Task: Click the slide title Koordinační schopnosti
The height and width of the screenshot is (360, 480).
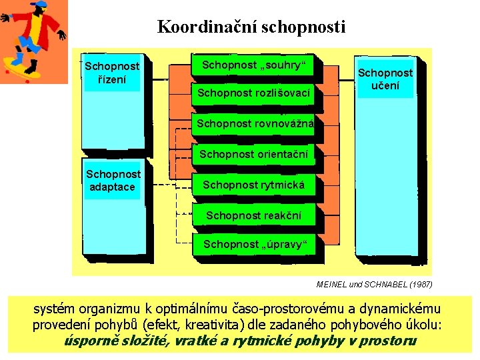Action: pyautogui.click(x=251, y=27)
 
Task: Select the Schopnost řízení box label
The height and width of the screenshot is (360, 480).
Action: pyautogui.click(x=112, y=73)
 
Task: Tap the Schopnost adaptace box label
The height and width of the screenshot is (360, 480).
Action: pyautogui.click(x=113, y=181)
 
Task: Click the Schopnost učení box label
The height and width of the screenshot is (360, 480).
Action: pyautogui.click(x=385, y=79)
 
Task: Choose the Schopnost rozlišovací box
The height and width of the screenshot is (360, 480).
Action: pyautogui.click(x=253, y=93)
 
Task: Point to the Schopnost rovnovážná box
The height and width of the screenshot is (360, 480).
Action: pyautogui.click(x=250, y=123)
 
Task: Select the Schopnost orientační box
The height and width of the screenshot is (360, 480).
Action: pyautogui.click(x=253, y=155)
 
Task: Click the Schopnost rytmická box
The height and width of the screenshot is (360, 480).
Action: pyautogui.click(x=253, y=185)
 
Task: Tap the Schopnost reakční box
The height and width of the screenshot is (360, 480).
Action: pyautogui.click(x=253, y=215)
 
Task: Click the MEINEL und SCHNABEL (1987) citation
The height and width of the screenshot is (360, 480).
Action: pyautogui.click(x=374, y=285)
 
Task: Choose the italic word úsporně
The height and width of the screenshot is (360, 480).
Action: pyautogui.click(x=89, y=341)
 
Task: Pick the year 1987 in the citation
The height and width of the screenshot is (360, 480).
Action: pyautogui.click(x=419, y=285)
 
